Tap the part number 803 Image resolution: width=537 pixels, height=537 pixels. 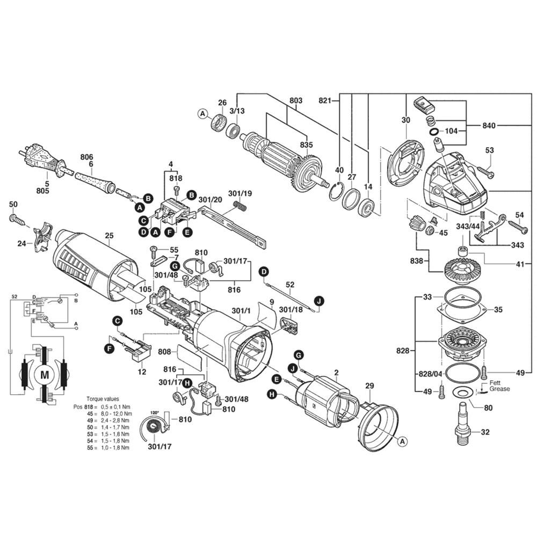tap(296, 100)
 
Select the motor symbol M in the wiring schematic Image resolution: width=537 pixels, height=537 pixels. tap(45, 374)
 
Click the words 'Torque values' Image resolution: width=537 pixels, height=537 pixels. tap(103, 399)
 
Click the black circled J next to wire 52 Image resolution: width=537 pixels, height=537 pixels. tap(319, 301)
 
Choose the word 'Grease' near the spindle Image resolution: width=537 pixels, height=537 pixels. tap(499, 389)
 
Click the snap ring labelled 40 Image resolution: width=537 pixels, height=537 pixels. tap(336, 192)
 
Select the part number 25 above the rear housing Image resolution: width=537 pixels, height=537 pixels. tap(109, 236)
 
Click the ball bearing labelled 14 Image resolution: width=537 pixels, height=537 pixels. tap(366, 207)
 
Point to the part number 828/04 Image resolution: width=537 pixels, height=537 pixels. tap(431, 373)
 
